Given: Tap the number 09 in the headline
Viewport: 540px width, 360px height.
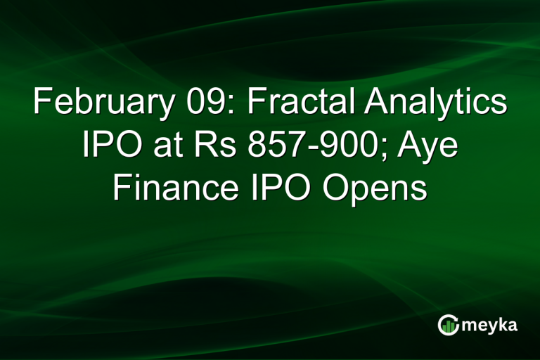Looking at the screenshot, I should pyautogui.click(x=198, y=103).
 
